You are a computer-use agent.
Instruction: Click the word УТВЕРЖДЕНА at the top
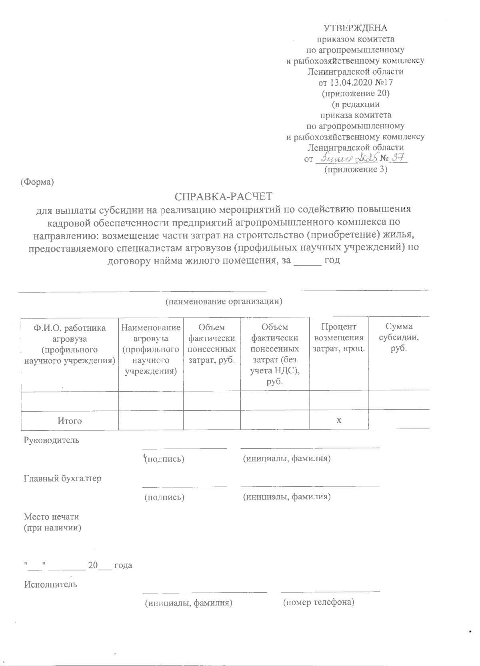pyautogui.click(x=355, y=28)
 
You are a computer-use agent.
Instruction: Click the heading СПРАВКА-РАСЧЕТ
pyautogui.click(x=224, y=196)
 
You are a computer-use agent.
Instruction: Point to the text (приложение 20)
pyautogui.click(x=356, y=94)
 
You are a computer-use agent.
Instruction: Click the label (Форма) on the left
pyautogui.click(x=37, y=182)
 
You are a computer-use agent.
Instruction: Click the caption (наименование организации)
pyautogui.click(x=224, y=302)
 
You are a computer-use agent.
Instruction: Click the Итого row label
pyautogui.click(x=70, y=421)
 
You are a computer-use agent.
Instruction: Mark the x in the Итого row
pyautogui.click(x=339, y=420)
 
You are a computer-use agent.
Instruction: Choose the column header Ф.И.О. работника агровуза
pyautogui.click(x=70, y=344)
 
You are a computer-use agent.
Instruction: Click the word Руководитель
pyautogui.click(x=52, y=440)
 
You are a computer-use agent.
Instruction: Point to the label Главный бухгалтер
pyautogui.click(x=63, y=478)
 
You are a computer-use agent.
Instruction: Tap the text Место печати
pyautogui.click(x=52, y=517)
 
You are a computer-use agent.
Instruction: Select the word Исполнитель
pyautogui.click(x=50, y=584)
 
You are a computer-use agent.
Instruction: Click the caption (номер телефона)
pyautogui.click(x=318, y=602)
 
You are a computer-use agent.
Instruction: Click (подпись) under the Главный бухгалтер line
pyautogui.click(x=164, y=497)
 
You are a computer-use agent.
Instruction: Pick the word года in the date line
pyautogui.click(x=123, y=565)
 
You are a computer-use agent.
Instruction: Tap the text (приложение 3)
pyautogui.click(x=356, y=169)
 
